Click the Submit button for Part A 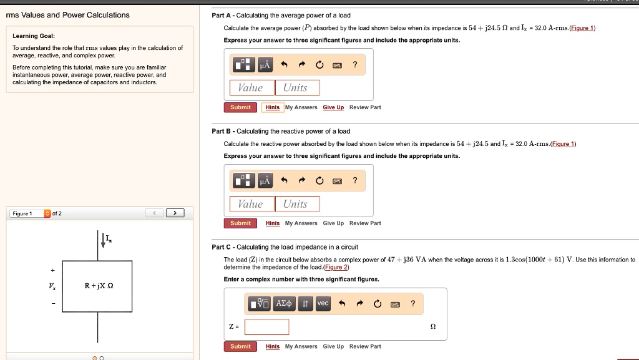(240, 107)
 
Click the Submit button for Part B (240, 223)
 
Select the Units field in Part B (297, 204)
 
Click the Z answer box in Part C (266, 327)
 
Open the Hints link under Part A (273, 107)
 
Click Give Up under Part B (333, 223)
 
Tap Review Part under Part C (365, 346)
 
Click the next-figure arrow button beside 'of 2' (175, 213)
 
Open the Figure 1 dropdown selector (47, 213)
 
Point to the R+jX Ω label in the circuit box (99, 286)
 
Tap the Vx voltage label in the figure (52, 286)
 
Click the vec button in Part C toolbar (323, 303)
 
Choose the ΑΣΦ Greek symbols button (284, 303)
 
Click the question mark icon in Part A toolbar (355, 65)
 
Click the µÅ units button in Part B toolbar (265, 181)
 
